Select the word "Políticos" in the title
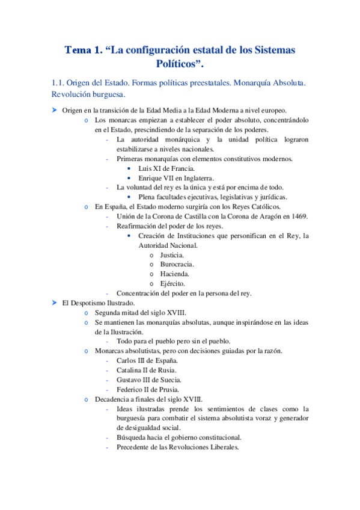180,64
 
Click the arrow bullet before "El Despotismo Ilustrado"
53,303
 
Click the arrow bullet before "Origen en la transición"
53,110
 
